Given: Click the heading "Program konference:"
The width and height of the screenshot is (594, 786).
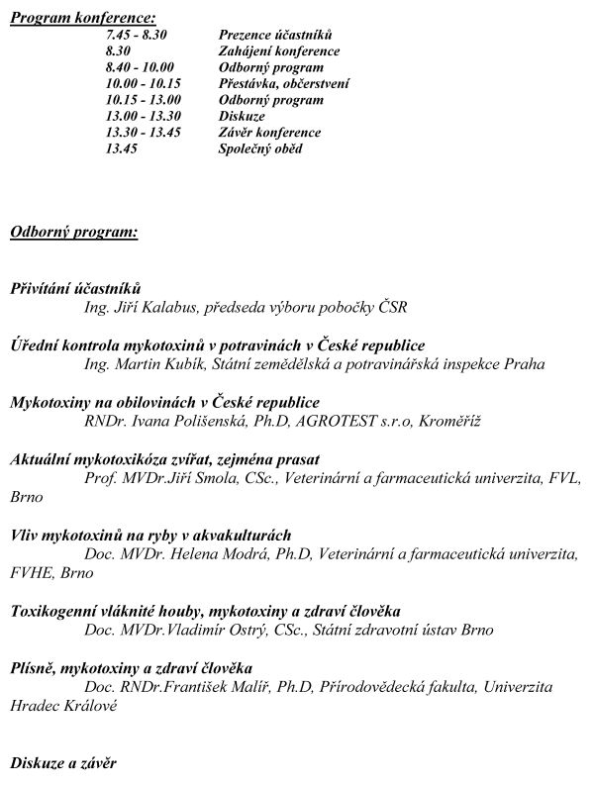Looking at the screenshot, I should point(82,19).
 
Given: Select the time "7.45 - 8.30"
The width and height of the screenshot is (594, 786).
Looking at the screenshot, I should point(137,35).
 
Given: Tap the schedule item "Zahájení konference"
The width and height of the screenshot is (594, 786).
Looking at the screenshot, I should point(278,50).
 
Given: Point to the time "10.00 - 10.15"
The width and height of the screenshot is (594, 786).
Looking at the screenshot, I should point(144,83).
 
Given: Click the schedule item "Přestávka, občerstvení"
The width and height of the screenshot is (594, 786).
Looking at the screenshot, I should point(283,83).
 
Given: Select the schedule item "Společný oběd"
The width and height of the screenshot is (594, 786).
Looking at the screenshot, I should point(260,148).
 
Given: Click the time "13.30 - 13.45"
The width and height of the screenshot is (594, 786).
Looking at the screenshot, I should point(144,132).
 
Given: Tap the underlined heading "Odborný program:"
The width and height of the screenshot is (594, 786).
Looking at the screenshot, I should point(73,233).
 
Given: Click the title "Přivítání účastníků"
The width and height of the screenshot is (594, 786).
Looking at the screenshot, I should point(76,288).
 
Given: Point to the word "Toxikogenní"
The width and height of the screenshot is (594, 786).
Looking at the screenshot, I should point(53,611).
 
